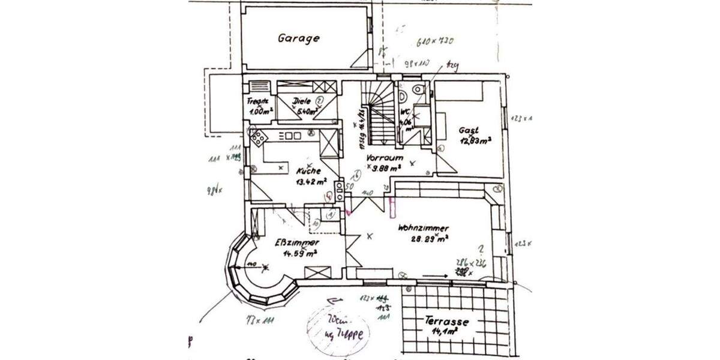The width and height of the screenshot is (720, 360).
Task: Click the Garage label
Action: pos(298,38)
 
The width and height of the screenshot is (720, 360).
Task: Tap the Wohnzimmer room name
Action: pos(423,228)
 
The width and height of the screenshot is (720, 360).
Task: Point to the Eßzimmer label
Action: pos(296,242)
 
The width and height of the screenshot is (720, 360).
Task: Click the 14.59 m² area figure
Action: pos(296,254)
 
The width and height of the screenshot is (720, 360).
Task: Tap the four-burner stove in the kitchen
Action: pos(259,137)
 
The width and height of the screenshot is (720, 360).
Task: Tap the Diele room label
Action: pos(302,101)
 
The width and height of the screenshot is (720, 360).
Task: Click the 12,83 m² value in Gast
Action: pos(475,141)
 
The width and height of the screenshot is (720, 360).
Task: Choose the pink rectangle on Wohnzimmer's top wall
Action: pos(392,206)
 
